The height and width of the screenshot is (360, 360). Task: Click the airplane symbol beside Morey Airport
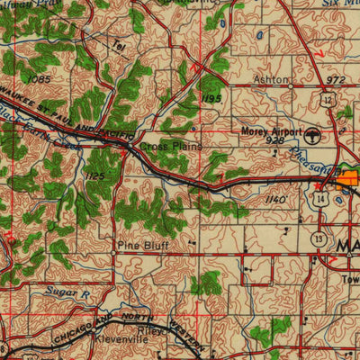point(312,136)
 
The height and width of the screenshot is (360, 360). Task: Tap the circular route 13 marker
point(319,237)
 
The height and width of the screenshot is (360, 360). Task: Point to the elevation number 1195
point(211,96)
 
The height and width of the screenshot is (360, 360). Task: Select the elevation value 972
point(335,80)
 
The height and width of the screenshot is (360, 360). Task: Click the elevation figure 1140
point(276,199)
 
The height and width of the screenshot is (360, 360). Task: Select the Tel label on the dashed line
point(119,46)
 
